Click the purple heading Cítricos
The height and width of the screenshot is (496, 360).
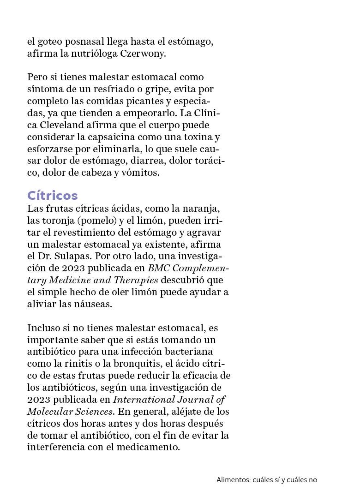tap(53, 196)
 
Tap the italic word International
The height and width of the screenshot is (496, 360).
tap(144, 400)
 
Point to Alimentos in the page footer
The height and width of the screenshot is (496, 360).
tap(233, 480)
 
